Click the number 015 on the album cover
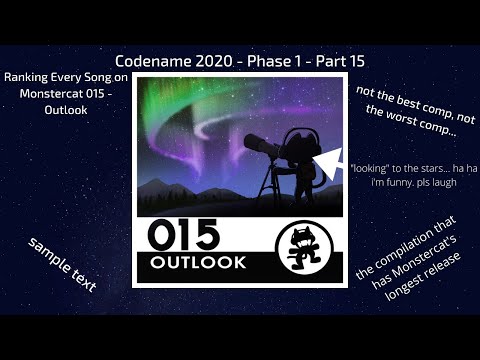(182, 236)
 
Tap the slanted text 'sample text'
(62, 265)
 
